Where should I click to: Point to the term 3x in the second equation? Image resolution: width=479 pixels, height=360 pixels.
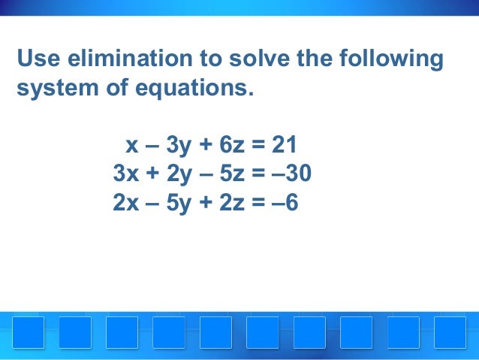(125, 174)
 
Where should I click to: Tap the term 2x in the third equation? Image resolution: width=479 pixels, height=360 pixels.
(125, 203)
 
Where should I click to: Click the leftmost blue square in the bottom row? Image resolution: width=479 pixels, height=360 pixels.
(28, 332)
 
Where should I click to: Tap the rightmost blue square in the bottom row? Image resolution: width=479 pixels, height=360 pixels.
(450, 332)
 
